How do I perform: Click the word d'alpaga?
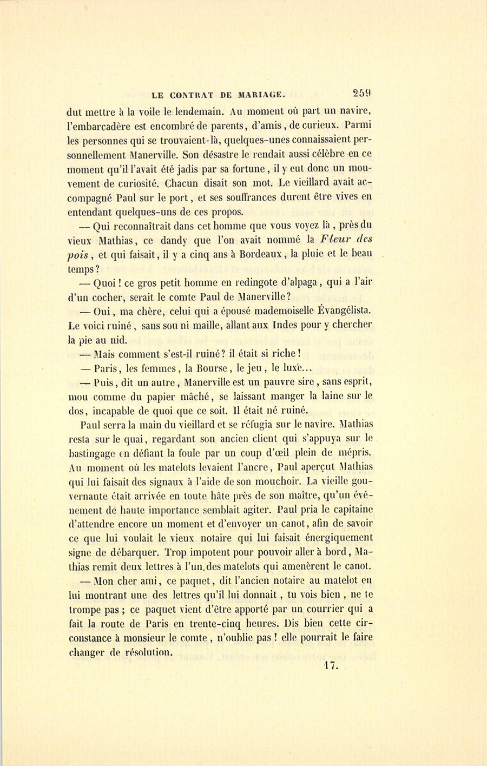(299, 282)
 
